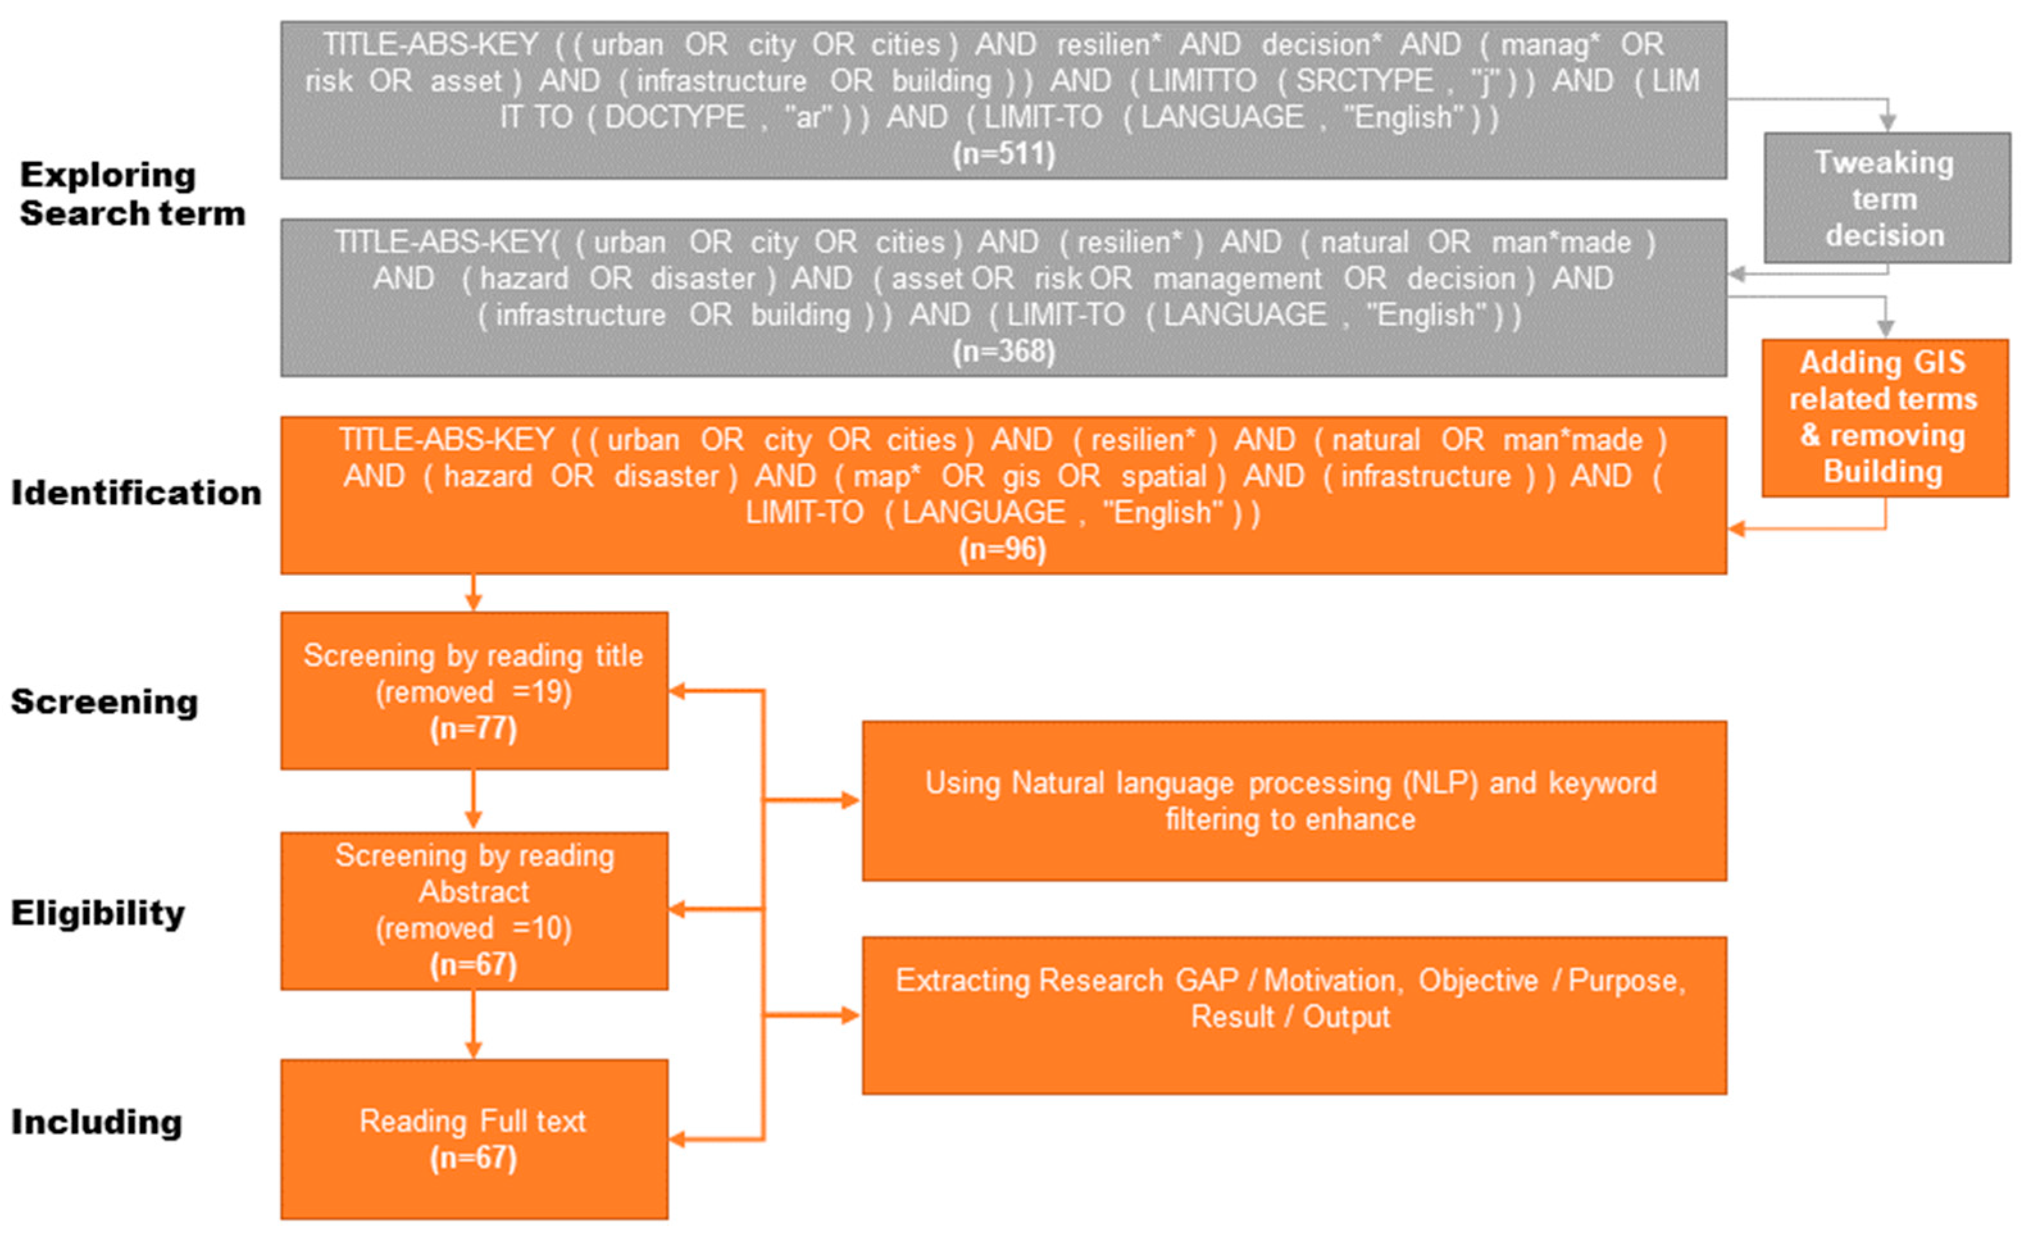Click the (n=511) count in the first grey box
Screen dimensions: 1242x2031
tap(1003, 154)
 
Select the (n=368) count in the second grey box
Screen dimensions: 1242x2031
tap(1003, 352)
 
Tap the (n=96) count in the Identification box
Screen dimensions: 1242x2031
tap(1003, 549)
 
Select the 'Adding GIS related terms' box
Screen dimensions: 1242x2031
tap(1884, 418)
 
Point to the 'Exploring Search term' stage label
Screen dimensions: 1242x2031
tap(132, 195)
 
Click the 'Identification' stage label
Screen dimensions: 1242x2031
tap(136, 493)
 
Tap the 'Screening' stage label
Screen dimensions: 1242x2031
tap(104, 702)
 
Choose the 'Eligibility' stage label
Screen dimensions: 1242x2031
tap(98, 913)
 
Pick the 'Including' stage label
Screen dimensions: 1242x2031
tap(97, 1122)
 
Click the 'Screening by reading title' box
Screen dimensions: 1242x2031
tap(474, 656)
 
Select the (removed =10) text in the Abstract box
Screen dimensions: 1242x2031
tap(474, 929)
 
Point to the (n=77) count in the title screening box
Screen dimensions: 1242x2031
tap(474, 728)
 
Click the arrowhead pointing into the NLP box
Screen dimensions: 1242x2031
tap(851, 800)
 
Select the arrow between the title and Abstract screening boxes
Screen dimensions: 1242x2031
tap(473, 800)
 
